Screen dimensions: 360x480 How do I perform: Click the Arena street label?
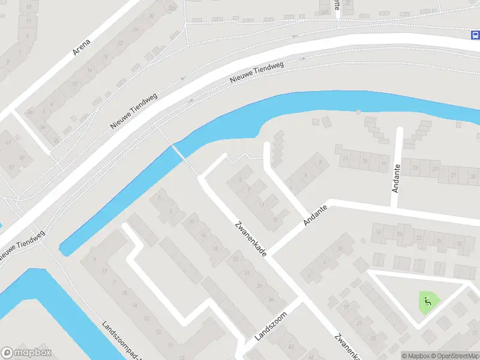81,47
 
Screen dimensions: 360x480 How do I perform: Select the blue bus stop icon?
474,35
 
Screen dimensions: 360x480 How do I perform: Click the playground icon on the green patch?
427,300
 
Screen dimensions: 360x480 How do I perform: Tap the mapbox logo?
26,353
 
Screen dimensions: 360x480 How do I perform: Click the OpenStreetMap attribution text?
451,356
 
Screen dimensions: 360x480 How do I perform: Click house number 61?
8,143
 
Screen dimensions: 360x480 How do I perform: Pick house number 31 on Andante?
455,175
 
